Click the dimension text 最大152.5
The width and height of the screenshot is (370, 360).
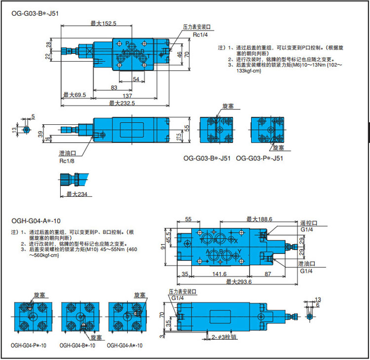(103, 23)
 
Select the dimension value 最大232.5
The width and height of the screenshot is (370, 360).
(121, 103)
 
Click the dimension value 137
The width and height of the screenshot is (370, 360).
(128, 95)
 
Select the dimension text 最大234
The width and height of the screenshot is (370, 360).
(76, 194)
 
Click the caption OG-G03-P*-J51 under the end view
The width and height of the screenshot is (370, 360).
(259, 158)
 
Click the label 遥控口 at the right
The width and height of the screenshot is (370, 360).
(306, 222)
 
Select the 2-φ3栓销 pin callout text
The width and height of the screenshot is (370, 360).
(223, 338)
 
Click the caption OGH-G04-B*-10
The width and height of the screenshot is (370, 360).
(77, 346)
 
